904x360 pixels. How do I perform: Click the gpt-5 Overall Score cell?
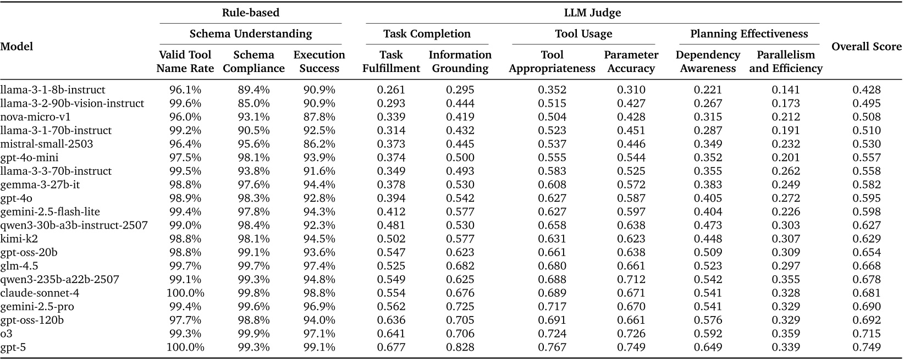point(866,347)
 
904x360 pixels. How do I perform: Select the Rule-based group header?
point(250,13)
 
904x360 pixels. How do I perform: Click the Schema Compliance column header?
point(253,62)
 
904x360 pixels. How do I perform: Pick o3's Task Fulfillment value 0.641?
point(391,334)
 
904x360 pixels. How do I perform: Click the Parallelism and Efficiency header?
point(785,62)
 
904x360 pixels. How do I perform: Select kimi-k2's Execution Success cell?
point(319,239)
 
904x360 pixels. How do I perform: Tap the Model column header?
point(16,47)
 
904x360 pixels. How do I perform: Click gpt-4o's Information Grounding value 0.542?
point(460,198)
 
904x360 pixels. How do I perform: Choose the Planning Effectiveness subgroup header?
point(749,34)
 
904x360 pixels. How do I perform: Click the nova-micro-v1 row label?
point(35,117)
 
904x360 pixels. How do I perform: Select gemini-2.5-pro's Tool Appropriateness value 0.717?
point(552,307)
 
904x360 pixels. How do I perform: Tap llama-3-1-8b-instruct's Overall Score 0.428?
point(866,90)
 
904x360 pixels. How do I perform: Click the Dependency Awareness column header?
point(707,62)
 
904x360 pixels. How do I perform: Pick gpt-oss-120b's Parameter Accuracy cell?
point(631,320)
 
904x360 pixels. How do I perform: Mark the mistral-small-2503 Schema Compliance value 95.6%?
point(253,144)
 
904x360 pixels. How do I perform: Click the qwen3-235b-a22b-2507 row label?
point(59,279)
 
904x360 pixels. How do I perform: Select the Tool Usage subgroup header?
point(583,34)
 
